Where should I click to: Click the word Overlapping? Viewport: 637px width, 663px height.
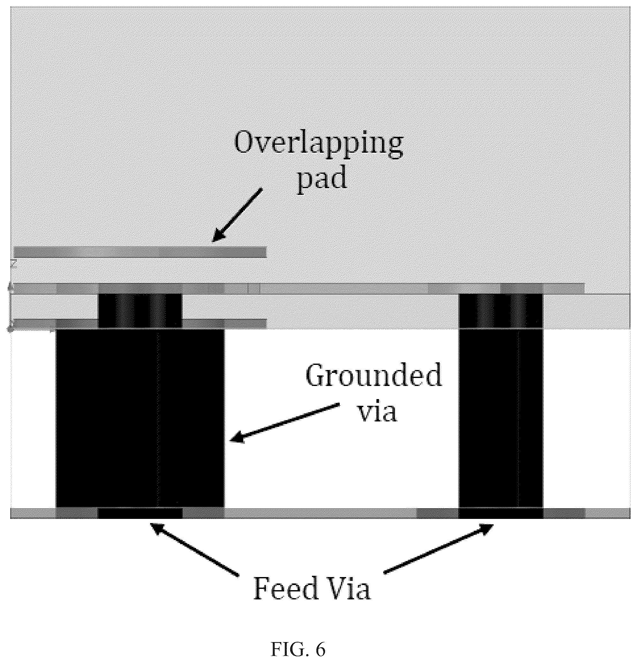(319, 144)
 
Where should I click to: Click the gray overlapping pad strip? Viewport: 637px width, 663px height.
(140, 252)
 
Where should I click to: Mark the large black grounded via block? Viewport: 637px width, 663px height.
(140, 418)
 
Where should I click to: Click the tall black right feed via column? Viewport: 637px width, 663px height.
(501, 418)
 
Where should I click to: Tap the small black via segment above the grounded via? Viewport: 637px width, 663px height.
(140, 311)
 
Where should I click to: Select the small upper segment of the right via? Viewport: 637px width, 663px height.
(501, 311)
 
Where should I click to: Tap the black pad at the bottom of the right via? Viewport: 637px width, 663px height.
(501, 513)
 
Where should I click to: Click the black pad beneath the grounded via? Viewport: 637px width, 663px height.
(140, 513)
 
